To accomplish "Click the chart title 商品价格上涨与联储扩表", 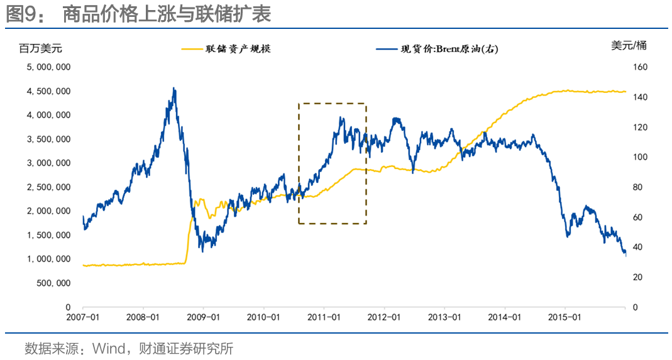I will coord(167,14).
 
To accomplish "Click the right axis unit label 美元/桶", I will coord(628,45).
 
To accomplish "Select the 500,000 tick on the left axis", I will coord(53,283).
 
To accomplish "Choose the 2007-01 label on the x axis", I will coord(83,317).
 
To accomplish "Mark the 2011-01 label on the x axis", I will coord(324,317).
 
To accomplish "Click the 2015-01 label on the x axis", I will coord(565,317).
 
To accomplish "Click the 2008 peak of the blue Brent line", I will coord(174,89).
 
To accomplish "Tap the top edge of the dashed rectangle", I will coord(332,103).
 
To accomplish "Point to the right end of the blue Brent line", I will coord(625,254).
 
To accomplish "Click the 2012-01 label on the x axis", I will coord(384,317).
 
